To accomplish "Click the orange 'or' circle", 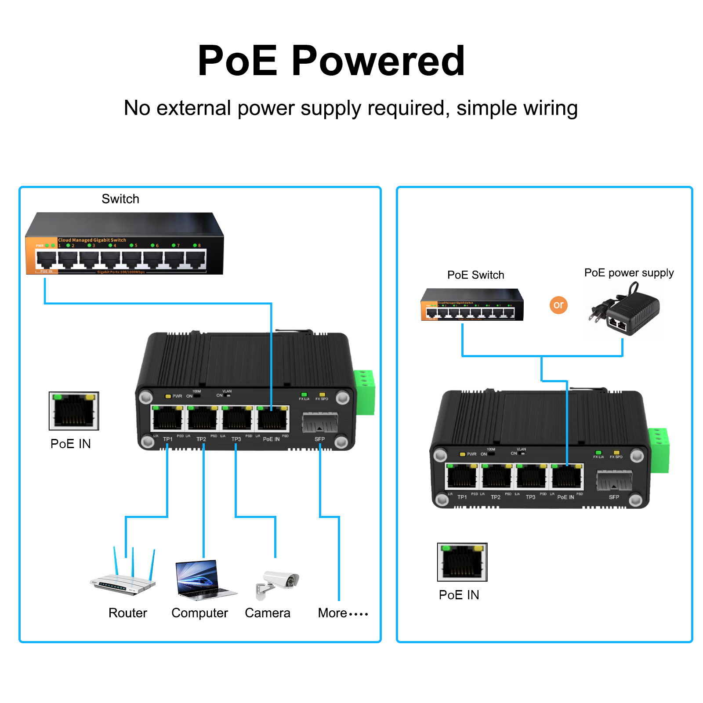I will (558, 305).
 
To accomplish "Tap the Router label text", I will (127, 613).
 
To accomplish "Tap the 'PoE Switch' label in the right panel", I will (475, 275).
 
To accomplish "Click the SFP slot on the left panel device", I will (319, 422).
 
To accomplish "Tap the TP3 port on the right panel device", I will (531, 476).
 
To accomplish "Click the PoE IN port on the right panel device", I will (567, 476).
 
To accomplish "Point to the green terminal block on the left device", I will (365, 392).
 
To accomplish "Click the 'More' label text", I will (333, 613).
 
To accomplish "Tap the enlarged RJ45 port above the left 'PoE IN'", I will (74, 411).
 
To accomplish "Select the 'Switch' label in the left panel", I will (120, 199).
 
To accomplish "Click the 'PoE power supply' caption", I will (629, 273).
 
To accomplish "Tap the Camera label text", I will (268, 613).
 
